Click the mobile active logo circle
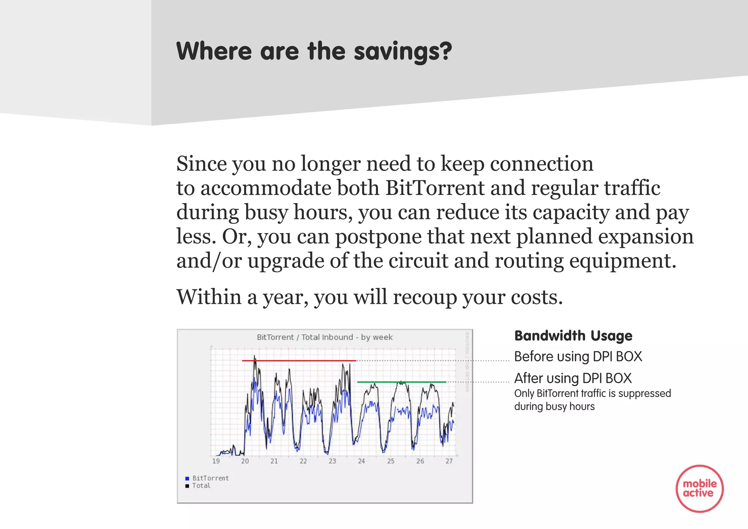click(x=699, y=488)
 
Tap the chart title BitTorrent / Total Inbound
click(x=324, y=337)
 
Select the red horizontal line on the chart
click(x=299, y=361)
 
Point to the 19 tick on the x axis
click(x=216, y=461)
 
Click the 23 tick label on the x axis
click(x=332, y=461)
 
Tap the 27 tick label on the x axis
click(x=449, y=461)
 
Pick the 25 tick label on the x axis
click(x=390, y=461)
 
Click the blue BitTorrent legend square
click(x=187, y=478)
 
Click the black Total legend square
click(x=187, y=486)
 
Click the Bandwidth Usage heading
click(x=573, y=336)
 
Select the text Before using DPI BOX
click(x=578, y=357)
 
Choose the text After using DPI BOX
click(x=573, y=378)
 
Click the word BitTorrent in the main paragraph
click(x=435, y=188)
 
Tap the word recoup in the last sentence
click(x=424, y=297)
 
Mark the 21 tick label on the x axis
click(x=274, y=461)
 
